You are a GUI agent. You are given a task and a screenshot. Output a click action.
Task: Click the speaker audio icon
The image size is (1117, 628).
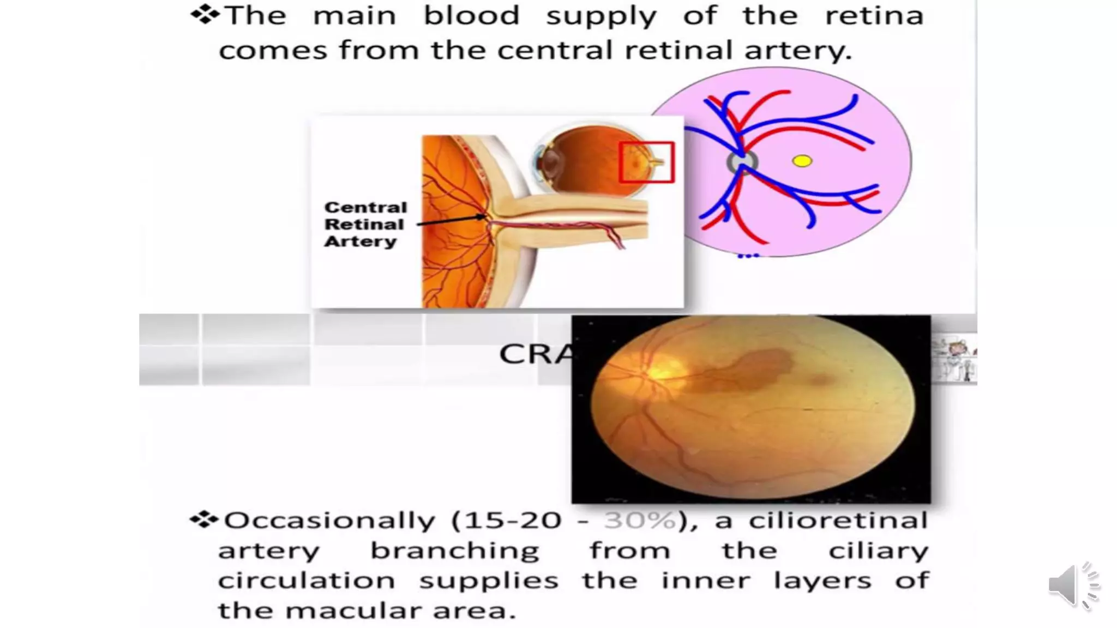tap(1072, 585)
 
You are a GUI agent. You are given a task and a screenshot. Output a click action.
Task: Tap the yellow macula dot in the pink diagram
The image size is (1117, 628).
tap(802, 161)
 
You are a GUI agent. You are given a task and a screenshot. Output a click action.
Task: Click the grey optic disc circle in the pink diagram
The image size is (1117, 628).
tap(742, 162)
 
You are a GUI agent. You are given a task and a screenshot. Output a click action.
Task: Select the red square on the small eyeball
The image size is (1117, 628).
tap(647, 162)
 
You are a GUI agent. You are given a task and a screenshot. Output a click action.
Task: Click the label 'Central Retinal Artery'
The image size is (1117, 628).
tap(365, 224)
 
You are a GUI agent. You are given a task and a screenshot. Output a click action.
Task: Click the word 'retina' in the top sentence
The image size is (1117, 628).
tap(874, 15)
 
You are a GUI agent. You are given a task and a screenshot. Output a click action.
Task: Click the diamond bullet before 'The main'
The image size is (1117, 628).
tap(205, 15)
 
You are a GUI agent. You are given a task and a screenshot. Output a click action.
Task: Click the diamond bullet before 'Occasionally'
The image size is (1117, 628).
tap(204, 520)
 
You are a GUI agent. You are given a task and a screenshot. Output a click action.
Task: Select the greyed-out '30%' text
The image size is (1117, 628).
tap(640, 521)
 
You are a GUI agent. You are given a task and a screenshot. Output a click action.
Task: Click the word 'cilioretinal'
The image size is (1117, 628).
tap(838, 521)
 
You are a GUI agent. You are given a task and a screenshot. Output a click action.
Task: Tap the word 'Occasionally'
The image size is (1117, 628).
tap(329, 521)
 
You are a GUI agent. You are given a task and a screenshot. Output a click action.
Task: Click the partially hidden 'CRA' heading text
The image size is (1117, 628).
tap(535, 354)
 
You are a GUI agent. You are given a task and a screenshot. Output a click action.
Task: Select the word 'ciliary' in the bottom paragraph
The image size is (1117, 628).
tap(878, 551)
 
